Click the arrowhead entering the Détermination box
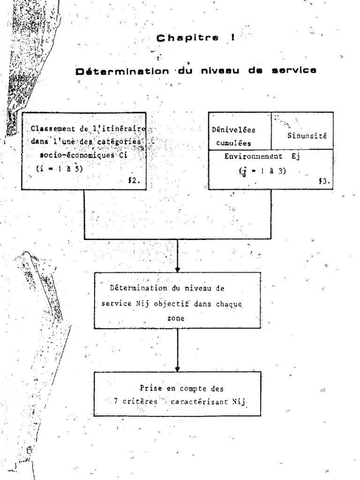pos(178,269)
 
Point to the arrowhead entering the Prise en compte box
pos(178,368)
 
